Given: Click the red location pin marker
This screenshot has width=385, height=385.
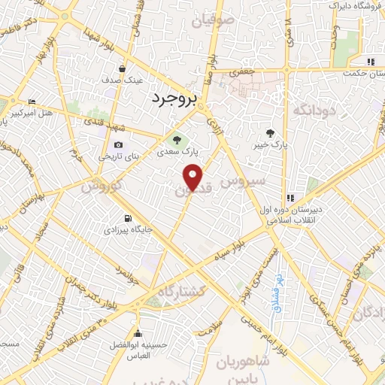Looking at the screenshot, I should [x=193, y=177].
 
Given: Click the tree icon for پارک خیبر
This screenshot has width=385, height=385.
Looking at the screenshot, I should [x=280, y=132].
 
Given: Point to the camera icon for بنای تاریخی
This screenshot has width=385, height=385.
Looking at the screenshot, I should [x=118, y=145].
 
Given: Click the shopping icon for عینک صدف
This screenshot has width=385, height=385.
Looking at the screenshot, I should [x=122, y=68].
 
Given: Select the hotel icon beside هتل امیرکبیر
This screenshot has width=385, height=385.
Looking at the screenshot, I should [x=31, y=102].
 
